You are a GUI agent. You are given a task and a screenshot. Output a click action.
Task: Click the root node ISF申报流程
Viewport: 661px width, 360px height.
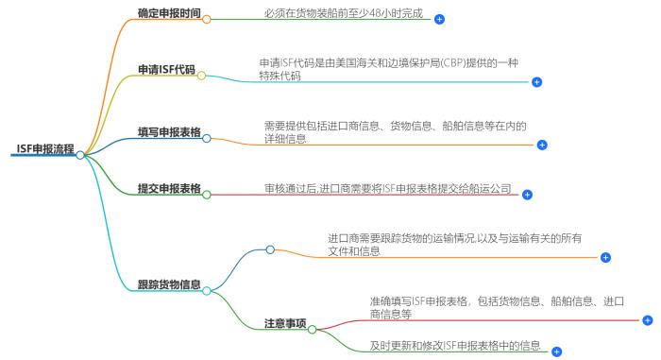pyautogui.click(x=44, y=148)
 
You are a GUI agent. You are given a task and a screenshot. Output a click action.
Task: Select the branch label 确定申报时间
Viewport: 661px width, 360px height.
pyautogui.click(x=169, y=15)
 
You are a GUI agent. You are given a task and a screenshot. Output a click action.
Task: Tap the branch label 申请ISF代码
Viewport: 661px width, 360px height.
pyautogui.click(x=165, y=70)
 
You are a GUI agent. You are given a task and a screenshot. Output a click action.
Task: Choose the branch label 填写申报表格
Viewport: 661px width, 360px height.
pyautogui.click(x=169, y=132)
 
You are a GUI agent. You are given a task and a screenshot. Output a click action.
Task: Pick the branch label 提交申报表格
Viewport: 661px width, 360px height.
pyautogui.click(x=169, y=188)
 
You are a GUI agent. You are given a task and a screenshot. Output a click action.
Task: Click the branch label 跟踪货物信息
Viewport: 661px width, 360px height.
pyautogui.click(x=169, y=284)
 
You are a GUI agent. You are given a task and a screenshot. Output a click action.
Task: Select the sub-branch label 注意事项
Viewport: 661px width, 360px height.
pyautogui.click(x=285, y=323)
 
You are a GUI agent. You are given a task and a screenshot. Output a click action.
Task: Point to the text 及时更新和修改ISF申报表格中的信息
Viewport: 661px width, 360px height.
pyautogui.click(x=455, y=345)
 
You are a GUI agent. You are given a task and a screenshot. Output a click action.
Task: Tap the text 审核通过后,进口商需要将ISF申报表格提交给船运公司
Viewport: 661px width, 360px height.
pyautogui.click(x=387, y=189)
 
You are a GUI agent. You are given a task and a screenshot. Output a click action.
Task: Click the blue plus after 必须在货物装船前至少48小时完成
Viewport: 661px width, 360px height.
pyautogui.click(x=439, y=19)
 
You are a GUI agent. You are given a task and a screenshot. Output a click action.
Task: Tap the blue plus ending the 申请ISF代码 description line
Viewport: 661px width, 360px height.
pyautogui.click(x=537, y=82)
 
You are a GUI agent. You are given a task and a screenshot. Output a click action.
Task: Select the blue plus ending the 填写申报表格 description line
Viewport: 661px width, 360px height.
pyautogui.click(x=542, y=146)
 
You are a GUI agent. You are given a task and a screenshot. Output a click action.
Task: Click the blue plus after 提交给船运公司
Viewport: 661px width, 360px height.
pyautogui.click(x=528, y=195)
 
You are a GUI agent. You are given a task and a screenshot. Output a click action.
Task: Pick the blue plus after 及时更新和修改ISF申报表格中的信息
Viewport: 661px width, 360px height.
pyautogui.click(x=556, y=351)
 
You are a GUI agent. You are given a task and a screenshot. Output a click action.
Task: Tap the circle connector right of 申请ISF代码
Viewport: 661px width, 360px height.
pyautogui.click(x=201, y=75)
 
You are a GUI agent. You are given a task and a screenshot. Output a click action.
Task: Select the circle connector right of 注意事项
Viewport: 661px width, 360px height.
pyautogui.click(x=313, y=329)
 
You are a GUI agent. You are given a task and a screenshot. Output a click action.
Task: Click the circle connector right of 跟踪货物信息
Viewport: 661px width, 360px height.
pyautogui.click(x=207, y=290)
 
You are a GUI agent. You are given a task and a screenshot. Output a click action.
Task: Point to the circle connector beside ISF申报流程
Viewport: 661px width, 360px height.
pyautogui.click(x=80, y=155)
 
